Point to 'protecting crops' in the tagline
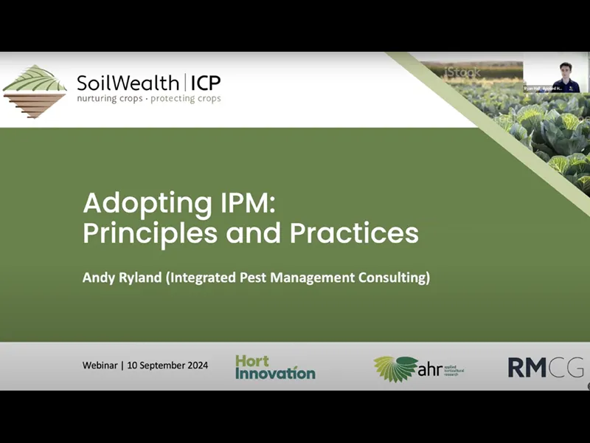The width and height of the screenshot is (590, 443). click(185, 99)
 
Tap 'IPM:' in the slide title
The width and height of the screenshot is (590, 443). click(238, 202)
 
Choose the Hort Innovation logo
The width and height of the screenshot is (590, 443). click(274, 367)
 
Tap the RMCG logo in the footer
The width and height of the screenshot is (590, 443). click(545, 367)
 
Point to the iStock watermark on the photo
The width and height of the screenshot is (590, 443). click(463, 73)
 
